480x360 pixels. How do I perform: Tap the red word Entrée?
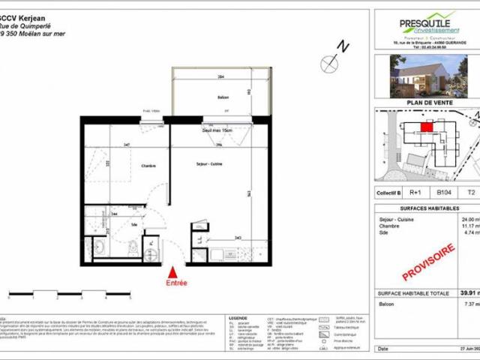coord(177,283)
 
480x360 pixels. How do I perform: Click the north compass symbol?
coord(331,66)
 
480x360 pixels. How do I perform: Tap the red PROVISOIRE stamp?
coord(433,258)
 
